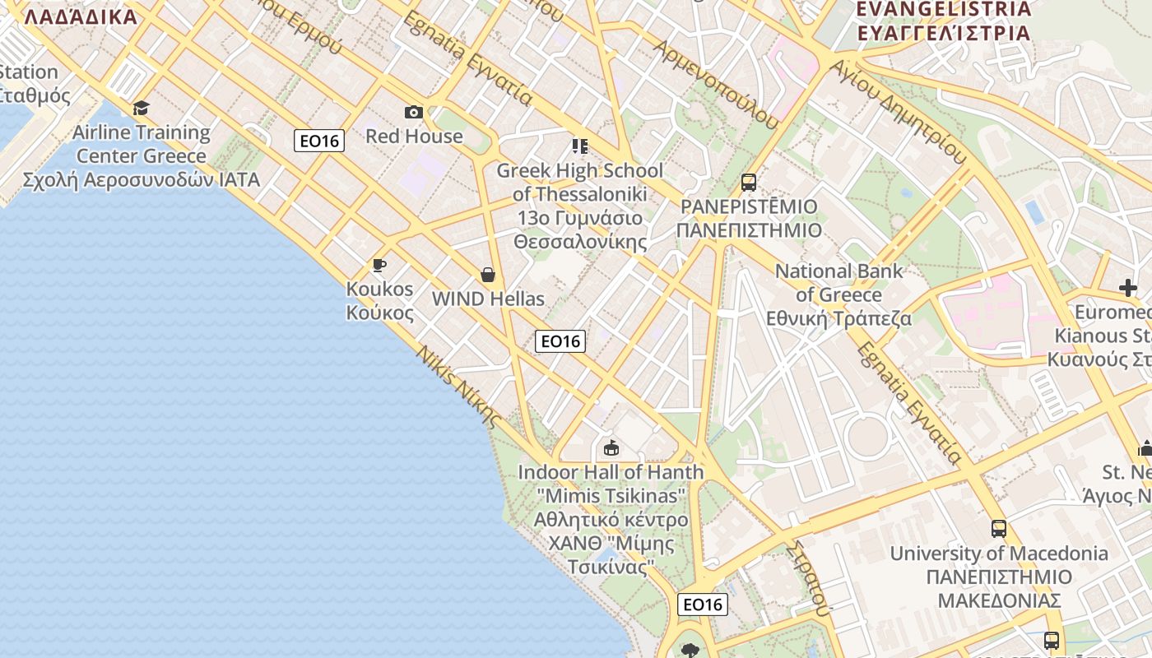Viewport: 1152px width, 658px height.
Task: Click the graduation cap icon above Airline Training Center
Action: coord(141,108)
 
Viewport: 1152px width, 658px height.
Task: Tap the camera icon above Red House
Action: coord(413,112)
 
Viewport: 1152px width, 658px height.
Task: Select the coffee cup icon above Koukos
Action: coord(379,265)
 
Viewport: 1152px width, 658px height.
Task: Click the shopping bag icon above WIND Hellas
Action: coord(488,274)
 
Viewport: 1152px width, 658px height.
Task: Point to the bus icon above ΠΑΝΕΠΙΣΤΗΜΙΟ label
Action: coord(748,183)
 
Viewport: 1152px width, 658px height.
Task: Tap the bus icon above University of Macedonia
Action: coord(998,528)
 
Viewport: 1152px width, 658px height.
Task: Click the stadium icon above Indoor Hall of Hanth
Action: coord(611,448)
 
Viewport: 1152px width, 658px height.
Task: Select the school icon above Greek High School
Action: coord(580,146)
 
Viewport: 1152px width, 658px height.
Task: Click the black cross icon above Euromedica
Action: coord(1128,288)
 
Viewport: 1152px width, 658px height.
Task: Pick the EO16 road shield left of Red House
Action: coord(319,141)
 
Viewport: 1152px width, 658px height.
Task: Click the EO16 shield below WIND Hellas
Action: coord(560,341)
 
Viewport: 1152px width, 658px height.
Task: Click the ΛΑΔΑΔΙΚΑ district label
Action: coord(81,16)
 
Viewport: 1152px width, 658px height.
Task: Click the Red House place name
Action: coord(414,136)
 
